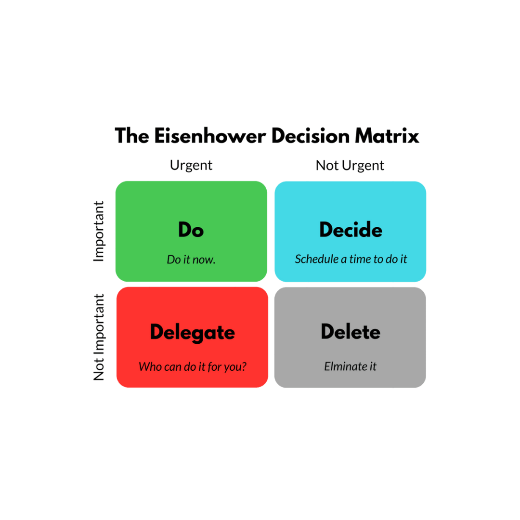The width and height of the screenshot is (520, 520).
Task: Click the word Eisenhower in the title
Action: click(210, 136)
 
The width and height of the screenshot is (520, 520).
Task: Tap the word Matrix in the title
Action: click(387, 136)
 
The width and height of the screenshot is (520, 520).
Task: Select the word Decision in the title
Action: click(311, 136)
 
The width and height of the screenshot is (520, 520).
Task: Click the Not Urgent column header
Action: click(350, 166)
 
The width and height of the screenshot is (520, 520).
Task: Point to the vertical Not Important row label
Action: click(99, 337)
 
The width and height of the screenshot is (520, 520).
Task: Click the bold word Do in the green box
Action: click(191, 230)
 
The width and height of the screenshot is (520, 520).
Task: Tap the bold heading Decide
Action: click(351, 230)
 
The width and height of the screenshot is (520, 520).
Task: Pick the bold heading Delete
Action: click(351, 332)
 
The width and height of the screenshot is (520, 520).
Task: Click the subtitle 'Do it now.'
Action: click(191, 260)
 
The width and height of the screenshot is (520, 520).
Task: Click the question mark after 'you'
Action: click(244, 366)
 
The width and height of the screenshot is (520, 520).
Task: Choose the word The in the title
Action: click(132, 136)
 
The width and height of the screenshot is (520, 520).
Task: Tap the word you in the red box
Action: click(232, 368)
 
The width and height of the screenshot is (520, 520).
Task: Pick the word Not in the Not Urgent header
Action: click(326, 166)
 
